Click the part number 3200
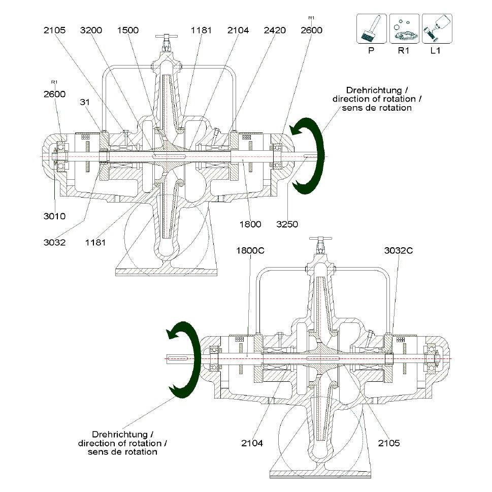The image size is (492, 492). point(91,30)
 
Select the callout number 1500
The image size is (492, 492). point(128,30)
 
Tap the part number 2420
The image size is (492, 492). point(275,30)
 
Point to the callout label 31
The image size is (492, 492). point(85,102)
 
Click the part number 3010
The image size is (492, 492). point(55,216)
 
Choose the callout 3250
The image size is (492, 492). point(287,224)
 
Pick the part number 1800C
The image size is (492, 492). point(250,250)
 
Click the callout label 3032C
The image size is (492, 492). point(399,250)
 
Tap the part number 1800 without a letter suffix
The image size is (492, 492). point(250,224)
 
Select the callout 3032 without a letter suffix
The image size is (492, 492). point(55,242)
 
